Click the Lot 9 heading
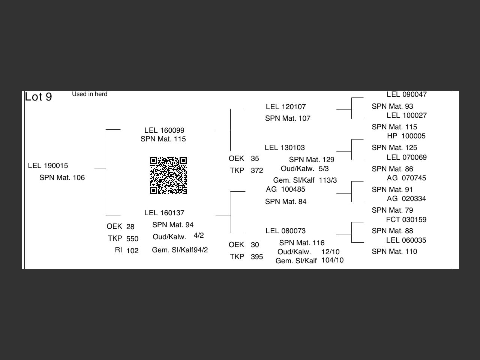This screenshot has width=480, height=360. (x=38, y=97)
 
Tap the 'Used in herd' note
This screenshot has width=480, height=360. (x=90, y=94)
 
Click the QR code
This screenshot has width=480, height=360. (x=168, y=175)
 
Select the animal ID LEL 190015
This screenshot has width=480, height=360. (x=48, y=166)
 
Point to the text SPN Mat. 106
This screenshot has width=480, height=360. (x=62, y=178)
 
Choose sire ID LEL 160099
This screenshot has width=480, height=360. (x=164, y=130)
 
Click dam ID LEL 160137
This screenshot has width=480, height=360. (x=164, y=213)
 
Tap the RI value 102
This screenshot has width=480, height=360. (x=132, y=251)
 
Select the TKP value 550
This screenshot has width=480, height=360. (x=132, y=239)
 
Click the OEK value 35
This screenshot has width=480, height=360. (x=255, y=159)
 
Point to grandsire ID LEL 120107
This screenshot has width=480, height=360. (x=286, y=107)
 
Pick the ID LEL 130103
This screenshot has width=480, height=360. (x=285, y=148)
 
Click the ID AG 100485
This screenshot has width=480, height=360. (x=285, y=189)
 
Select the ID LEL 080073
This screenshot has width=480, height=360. (x=285, y=231)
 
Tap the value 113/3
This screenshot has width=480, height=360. (x=328, y=180)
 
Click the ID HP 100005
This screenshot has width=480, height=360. (x=406, y=136)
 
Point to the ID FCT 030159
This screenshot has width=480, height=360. (x=406, y=220)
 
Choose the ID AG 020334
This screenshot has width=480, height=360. (x=406, y=199)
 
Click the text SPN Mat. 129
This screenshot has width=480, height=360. (x=312, y=160)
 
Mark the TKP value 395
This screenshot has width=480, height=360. (x=257, y=257)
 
